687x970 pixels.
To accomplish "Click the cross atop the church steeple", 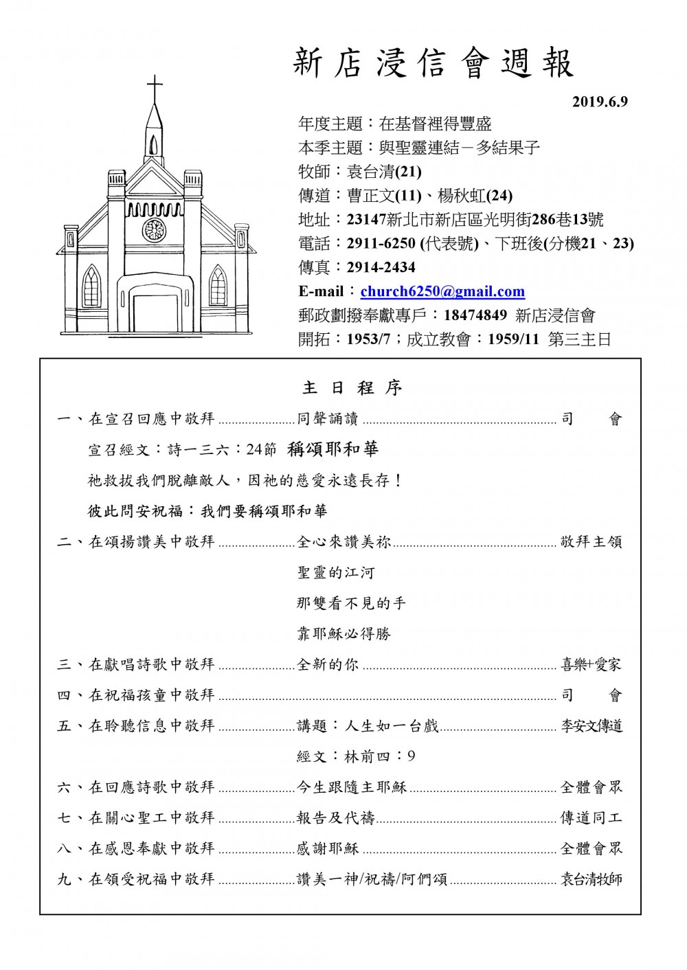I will click(155, 89).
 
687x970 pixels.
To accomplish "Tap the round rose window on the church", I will click(155, 229).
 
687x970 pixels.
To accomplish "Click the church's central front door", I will click(155, 313).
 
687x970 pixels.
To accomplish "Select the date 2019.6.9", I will click(600, 102).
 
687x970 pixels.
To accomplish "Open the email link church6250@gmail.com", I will click(442, 291).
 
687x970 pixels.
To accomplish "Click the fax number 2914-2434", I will click(381, 267).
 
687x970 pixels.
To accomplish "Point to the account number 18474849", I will click(475, 315).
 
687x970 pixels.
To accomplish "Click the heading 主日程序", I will click(352, 388).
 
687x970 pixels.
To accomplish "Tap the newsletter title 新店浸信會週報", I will click(433, 64).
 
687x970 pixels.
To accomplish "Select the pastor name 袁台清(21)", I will click(385, 172).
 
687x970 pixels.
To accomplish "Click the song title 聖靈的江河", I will click(336, 572).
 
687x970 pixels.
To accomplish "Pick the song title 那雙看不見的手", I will click(351, 603).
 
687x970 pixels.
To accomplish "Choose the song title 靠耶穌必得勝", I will click(343, 633).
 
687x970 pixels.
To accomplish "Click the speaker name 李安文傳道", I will click(592, 726).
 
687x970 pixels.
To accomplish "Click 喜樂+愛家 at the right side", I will click(591, 664).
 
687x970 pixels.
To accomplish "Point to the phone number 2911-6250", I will click(381, 243).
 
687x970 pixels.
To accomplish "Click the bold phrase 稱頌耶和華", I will click(333, 449).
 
